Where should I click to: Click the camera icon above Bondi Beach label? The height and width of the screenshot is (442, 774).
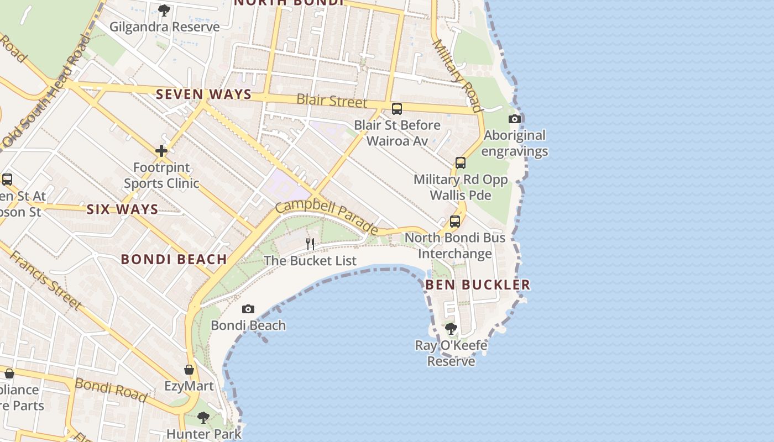pos(248,309)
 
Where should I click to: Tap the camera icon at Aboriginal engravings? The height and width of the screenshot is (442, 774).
pos(514,119)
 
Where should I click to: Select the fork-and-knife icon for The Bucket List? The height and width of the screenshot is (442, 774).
pos(310,244)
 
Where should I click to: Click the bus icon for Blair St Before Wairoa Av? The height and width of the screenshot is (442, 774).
pos(396,109)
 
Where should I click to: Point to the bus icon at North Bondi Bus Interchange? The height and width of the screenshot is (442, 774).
pos(454,222)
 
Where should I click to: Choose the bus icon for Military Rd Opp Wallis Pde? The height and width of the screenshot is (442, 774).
pos(460,163)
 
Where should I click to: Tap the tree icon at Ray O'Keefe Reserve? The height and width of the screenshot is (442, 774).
pos(451,329)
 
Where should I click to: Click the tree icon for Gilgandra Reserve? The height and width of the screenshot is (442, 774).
pos(164,10)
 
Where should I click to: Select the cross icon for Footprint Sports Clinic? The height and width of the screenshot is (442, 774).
pos(161,151)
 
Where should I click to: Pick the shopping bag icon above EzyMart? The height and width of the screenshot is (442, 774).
pos(189,370)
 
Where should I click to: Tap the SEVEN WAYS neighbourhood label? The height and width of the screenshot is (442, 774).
pos(204,94)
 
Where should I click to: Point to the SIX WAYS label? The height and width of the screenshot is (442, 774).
pos(122,209)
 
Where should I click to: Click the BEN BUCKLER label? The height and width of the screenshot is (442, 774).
pos(478,285)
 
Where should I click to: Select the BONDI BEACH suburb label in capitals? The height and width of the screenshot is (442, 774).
pos(174,259)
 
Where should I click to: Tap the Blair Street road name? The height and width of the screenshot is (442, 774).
pos(332,101)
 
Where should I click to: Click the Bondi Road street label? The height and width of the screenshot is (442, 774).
pos(111,390)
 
